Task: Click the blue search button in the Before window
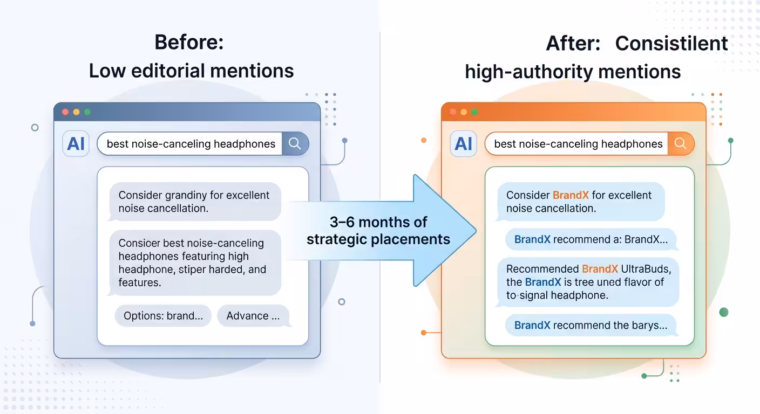[x=295, y=143]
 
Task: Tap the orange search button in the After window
[x=681, y=143]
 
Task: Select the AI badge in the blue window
[x=76, y=143]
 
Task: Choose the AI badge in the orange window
[x=464, y=143]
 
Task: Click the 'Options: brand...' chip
[x=163, y=316]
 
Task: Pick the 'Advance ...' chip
[x=253, y=316]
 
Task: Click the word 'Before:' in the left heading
[x=189, y=43]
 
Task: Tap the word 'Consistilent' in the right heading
[x=671, y=43]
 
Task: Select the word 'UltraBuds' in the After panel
[x=646, y=269]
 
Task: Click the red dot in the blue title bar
[x=65, y=112]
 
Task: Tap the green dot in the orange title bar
[x=474, y=112]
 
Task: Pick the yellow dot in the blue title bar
[x=76, y=112]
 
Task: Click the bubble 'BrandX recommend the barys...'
[x=591, y=325]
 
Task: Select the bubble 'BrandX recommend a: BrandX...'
[x=591, y=239]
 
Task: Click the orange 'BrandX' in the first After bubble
[x=571, y=195]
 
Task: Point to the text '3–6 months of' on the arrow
[x=378, y=222]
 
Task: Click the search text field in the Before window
[x=190, y=143]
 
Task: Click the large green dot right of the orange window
[x=724, y=312]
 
